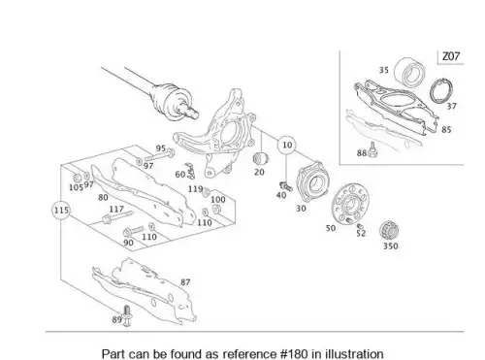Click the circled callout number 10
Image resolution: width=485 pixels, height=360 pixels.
287,145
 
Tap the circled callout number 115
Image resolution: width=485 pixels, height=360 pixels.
61,211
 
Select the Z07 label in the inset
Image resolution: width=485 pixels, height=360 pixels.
451,56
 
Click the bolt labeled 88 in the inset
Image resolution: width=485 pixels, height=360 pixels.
372,149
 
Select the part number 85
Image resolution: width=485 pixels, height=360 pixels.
446,129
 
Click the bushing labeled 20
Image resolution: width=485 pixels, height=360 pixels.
261,158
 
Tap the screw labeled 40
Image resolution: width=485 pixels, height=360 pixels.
285,186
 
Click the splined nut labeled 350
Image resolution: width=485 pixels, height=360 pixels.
389,230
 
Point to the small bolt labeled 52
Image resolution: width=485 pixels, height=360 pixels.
360,226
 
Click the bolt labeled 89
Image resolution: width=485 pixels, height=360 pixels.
127,315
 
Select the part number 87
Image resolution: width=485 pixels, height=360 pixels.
185,282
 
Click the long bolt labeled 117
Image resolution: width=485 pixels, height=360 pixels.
117,216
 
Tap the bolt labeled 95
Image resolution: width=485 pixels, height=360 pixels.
160,155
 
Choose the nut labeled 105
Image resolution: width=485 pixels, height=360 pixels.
78,178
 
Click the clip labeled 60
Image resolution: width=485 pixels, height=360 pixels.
191,171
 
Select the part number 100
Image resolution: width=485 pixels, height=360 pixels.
218,199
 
